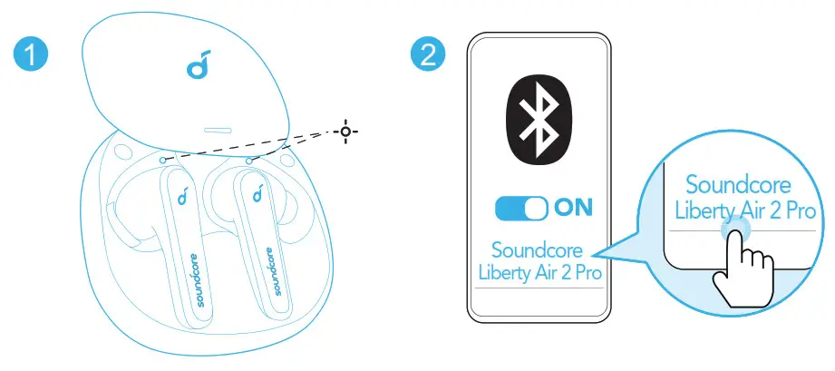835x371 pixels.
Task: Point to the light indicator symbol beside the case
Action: (x=345, y=132)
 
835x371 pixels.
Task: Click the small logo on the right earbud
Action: (x=257, y=194)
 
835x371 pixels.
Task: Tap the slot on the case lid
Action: (x=218, y=131)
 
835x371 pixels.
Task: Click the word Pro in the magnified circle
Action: (x=804, y=210)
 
